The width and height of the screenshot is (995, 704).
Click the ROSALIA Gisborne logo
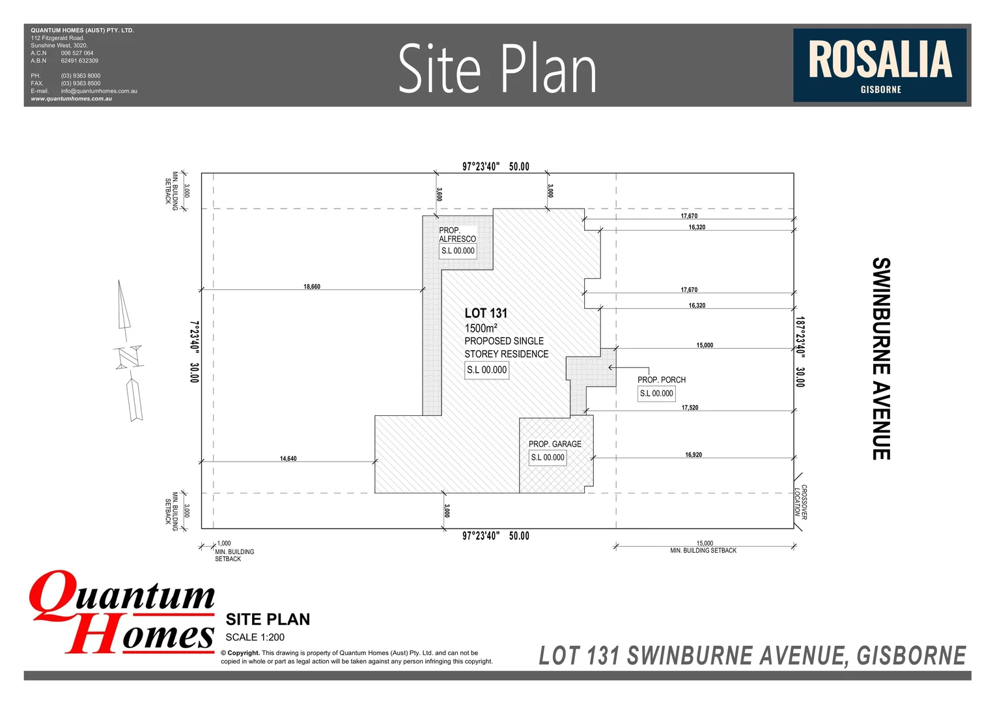[879, 65]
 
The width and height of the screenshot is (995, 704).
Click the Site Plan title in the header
[497, 68]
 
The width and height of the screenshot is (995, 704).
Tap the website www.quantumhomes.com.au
[71, 99]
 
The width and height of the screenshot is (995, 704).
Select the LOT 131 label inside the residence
[486, 314]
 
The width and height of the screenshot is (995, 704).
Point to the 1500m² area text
[481, 329]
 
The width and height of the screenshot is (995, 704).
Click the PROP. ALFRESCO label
[457, 235]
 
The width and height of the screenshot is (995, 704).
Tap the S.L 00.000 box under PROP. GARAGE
[548, 458]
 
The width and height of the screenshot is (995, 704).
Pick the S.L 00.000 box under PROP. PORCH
[656, 394]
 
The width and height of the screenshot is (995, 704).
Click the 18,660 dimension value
[312, 287]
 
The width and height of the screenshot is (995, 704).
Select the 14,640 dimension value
[288, 459]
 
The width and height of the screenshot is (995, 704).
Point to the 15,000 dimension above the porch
[705, 345]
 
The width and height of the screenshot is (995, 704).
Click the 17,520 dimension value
[690, 408]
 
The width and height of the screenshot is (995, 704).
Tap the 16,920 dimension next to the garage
[694, 455]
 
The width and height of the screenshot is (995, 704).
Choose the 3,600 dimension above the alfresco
[440, 194]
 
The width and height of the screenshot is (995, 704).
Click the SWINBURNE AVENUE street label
[880, 359]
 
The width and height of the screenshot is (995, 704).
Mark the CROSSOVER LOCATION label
[800, 502]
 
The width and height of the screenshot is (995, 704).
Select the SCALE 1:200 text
[255, 638]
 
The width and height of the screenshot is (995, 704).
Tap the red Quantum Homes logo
[122, 613]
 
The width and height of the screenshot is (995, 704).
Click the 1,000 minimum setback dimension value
[224, 544]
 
